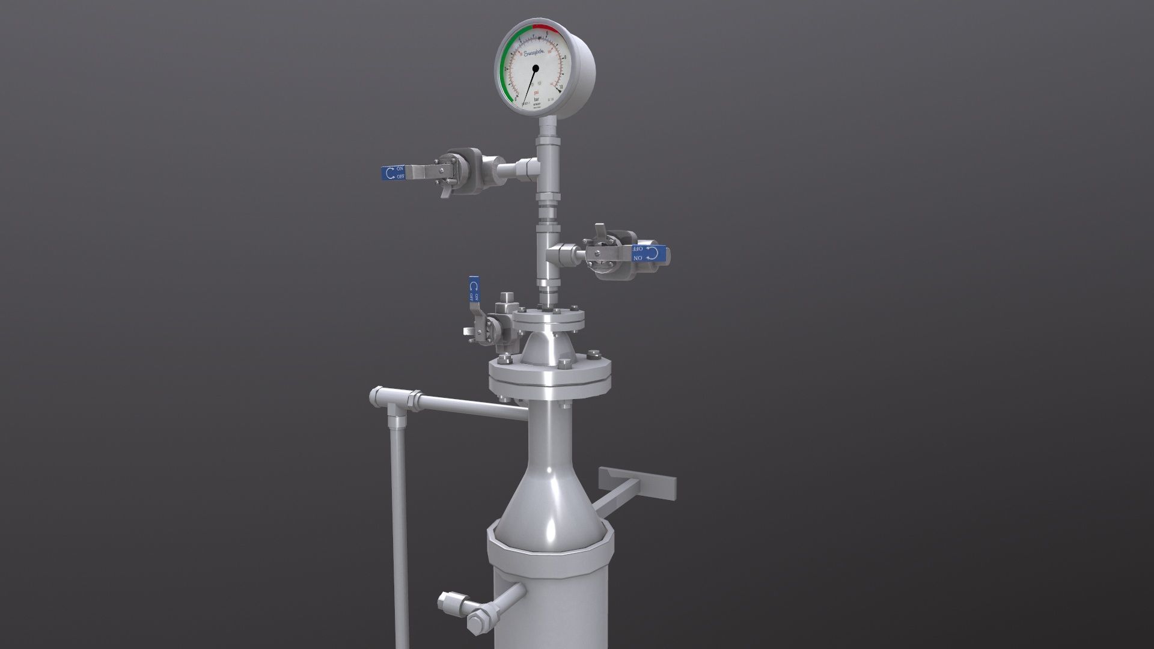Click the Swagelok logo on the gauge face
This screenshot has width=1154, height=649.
[x=533, y=54]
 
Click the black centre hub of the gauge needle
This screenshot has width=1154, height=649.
[x=535, y=69]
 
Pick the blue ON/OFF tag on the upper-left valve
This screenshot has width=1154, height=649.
[x=394, y=173]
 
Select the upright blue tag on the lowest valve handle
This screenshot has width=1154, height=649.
[x=474, y=290]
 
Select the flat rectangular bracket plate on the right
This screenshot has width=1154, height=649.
[x=637, y=481]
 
